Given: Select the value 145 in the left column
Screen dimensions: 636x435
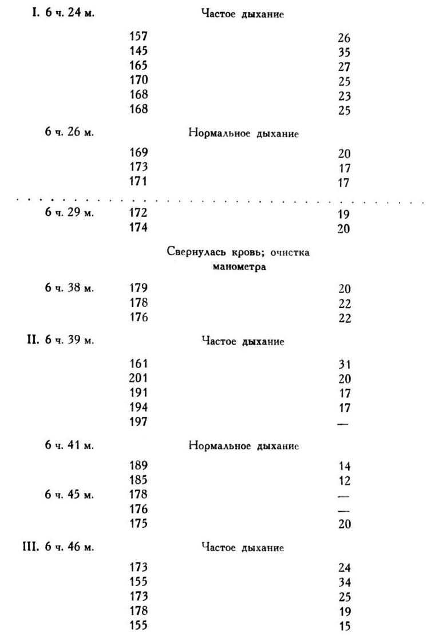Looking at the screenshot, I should [x=139, y=50].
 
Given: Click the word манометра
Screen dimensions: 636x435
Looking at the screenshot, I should [x=239, y=267].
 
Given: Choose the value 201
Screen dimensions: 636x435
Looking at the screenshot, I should [x=139, y=378].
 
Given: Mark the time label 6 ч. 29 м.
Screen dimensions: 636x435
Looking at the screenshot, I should [x=69, y=213].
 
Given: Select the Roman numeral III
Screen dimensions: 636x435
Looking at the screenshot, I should [x=31, y=547].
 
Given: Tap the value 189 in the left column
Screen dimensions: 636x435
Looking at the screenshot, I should [x=139, y=465].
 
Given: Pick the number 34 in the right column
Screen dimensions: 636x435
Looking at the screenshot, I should [x=344, y=583].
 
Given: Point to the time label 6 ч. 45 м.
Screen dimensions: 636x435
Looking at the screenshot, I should [x=69, y=495].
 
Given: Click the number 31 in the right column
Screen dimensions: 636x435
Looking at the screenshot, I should [x=344, y=364].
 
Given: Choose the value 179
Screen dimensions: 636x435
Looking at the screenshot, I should [x=139, y=289].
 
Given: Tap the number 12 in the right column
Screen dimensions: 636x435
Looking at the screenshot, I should [x=344, y=480].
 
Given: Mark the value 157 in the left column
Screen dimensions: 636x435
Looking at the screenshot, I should [x=139, y=36].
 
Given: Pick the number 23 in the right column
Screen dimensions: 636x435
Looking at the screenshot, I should [x=344, y=96].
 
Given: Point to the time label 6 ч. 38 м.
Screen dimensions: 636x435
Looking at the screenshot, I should [x=69, y=289].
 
